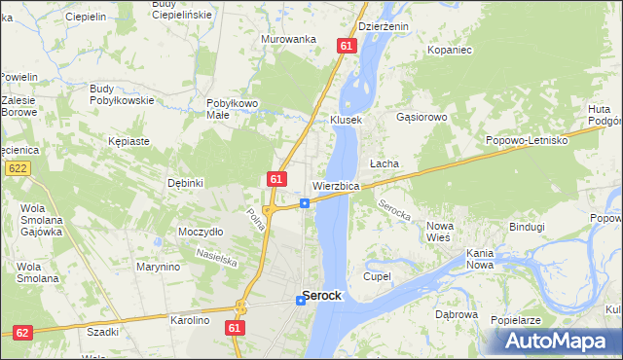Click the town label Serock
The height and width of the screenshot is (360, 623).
pos(321,295)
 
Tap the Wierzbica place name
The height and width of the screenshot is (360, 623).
pos(337,186)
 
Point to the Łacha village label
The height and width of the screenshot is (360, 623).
pos(384,163)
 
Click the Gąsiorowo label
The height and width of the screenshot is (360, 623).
pos(421,117)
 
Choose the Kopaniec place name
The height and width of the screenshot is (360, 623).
pos(449,49)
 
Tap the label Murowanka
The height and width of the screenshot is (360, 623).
pos(289,39)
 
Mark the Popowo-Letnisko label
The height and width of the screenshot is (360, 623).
pos(527,140)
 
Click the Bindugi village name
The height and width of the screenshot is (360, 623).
pos(527,227)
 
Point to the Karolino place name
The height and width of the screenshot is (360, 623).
pos(191,320)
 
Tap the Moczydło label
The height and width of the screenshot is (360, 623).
pos(201,232)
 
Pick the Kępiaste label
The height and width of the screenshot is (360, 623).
pos(129,141)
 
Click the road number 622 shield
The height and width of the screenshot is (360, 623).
pos(16,168)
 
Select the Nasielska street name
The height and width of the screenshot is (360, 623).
pos(215,256)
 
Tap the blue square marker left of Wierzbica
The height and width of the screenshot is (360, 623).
pos(305,202)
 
